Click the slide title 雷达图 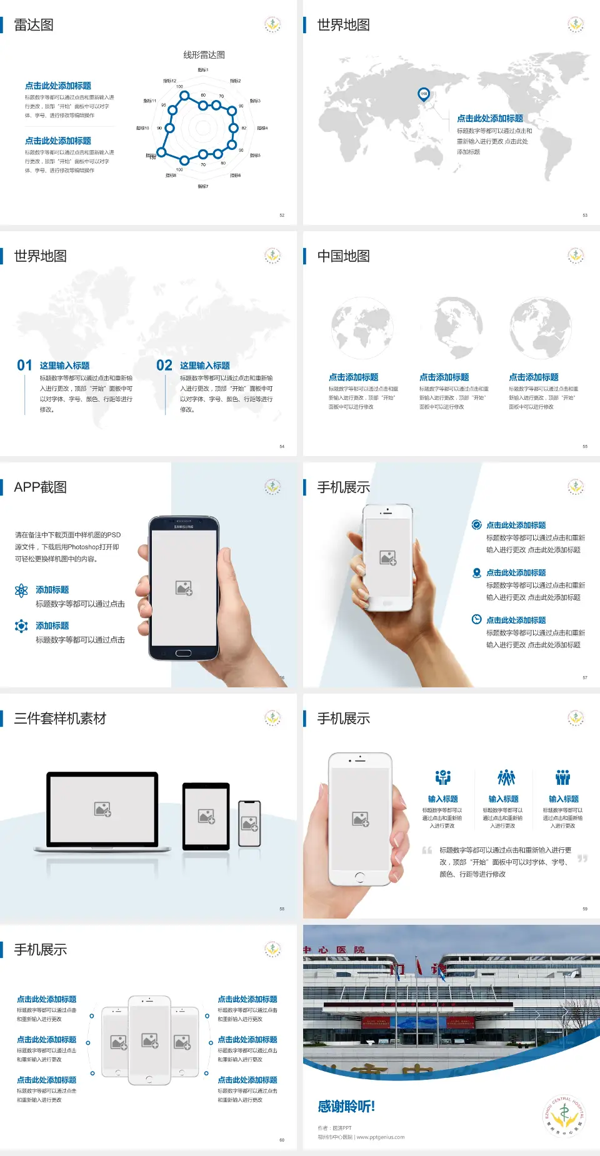(x=34, y=25)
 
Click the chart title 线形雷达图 (x=204, y=55)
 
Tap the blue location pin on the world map (x=424, y=94)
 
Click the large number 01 (x=24, y=366)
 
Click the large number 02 (x=164, y=366)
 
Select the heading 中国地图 (x=343, y=256)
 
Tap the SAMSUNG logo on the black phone (x=184, y=527)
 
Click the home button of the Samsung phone (x=183, y=653)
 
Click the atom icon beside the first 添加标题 (x=21, y=590)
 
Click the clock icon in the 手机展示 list (x=476, y=619)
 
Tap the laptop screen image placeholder (x=102, y=809)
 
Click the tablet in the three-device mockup (x=206, y=815)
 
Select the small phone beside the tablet (x=249, y=824)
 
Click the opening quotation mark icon (x=427, y=850)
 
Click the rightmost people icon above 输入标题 (x=563, y=777)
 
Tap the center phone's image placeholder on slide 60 (x=149, y=1040)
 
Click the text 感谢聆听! (x=346, y=1107)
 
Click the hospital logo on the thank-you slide (x=564, y=1115)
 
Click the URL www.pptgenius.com (x=381, y=1137)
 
